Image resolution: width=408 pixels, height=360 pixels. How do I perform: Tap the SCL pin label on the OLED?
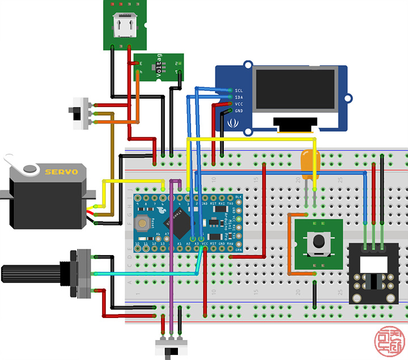click(x=239, y=90)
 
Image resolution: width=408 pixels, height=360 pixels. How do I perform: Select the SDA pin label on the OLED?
click(x=239, y=97)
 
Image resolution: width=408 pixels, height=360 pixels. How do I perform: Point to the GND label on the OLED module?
click(x=239, y=111)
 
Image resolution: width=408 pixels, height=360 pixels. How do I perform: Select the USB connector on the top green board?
click(x=125, y=26)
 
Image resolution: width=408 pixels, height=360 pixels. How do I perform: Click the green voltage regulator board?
click(x=159, y=67)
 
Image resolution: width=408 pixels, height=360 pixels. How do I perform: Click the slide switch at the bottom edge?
click(x=170, y=348)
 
